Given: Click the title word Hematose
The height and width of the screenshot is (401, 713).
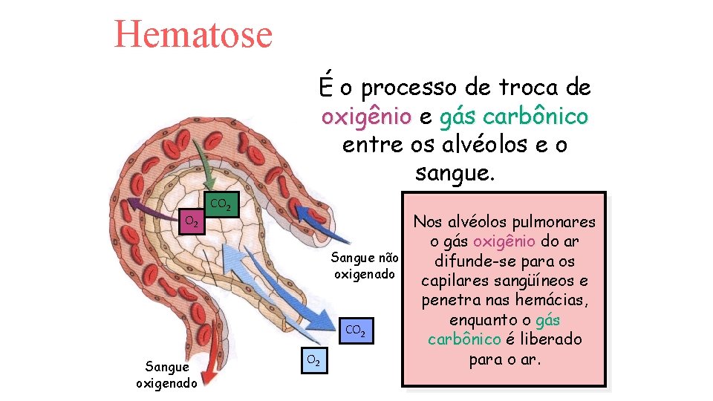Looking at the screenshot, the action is point(193,35).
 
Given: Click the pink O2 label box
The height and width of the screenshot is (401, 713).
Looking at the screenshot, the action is point(192,221).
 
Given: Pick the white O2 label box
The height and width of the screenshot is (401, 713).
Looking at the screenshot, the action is point(314,361).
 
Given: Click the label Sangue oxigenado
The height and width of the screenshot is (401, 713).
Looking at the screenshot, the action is point(167,375).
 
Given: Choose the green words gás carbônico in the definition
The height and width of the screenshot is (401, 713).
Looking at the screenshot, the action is point(514,117).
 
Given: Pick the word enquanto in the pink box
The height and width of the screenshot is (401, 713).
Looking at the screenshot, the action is point(483,320).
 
